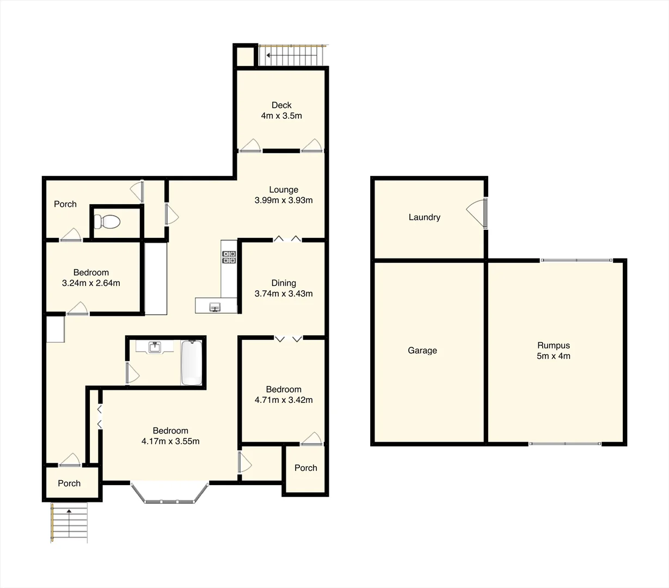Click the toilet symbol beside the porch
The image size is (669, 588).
pyautogui.click(x=107, y=222)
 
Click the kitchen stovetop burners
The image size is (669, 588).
pyautogui.click(x=229, y=257)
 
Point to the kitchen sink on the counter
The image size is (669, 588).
pyautogui.click(x=216, y=308)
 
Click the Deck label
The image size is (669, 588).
pyautogui.click(x=281, y=105)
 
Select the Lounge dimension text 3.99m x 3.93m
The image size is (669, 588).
pyautogui.click(x=284, y=200)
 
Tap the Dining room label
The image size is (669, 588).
pyautogui.click(x=284, y=283)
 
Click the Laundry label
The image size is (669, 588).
pyautogui.click(x=424, y=217)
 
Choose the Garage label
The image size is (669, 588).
pyautogui.click(x=422, y=351)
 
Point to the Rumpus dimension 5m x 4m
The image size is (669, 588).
pyautogui.click(x=554, y=356)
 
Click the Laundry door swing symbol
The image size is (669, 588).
pyautogui.click(x=476, y=212)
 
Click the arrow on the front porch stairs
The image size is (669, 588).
pyautogui.click(x=69, y=511)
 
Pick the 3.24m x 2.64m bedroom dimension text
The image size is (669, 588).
pyautogui.click(x=91, y=283)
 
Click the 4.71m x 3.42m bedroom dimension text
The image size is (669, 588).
pyautogui.click(x=284, y=400)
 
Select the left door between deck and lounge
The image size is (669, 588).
pyautogui.click(x=250, y=145)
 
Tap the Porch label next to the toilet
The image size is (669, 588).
pyautogui.click(x=65, y=204)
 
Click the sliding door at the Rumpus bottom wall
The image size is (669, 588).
pyautogui.click(x=565, y=444)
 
